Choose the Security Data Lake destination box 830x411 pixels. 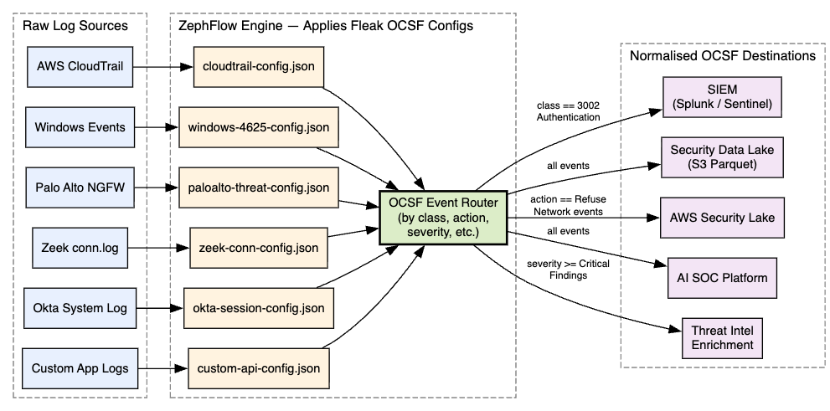tap(721, 157)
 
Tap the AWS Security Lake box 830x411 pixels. tap(721, 218)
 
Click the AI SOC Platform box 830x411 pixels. tap(721, 278)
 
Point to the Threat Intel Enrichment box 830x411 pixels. tap(721, 338)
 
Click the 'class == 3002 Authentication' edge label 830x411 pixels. tap(570, 112)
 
